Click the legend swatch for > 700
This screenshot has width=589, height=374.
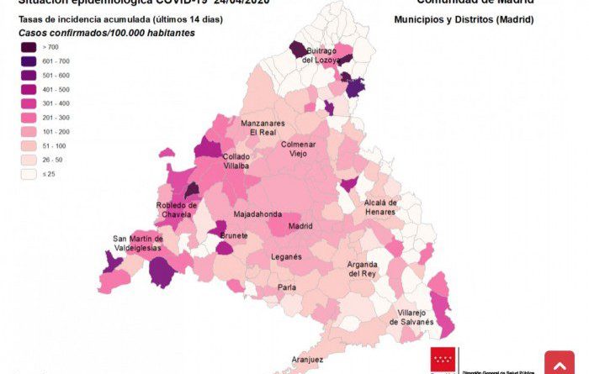pos(29,47)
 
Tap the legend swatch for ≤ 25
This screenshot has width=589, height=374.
pos(29,175)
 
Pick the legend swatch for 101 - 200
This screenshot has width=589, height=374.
pos(29,132)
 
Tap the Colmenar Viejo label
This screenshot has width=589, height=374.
pos(298,149)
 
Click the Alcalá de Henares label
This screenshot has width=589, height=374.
pos(379,207)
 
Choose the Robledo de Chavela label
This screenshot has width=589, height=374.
pos(177,209)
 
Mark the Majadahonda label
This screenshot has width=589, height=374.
pos(257,214)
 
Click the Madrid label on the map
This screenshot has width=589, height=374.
pos(300,226)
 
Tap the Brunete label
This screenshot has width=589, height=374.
pos(234,236)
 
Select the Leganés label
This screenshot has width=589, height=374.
pos(287,256)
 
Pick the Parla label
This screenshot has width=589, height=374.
pos(287,287)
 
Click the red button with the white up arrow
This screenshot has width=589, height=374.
pos(560,363)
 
